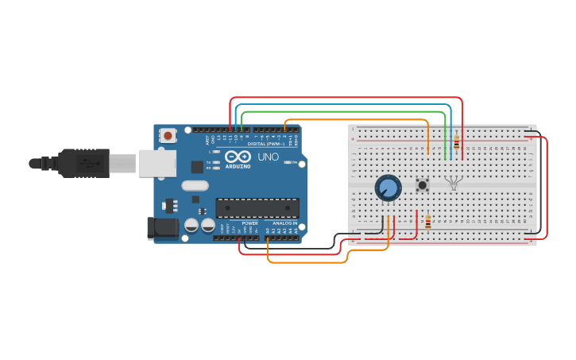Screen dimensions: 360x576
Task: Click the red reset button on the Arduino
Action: tap(168, 135)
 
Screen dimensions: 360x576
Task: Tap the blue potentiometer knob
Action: tap(388, 188)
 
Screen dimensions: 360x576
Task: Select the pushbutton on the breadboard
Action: tap(423, 185)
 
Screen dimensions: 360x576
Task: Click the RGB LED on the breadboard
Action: tap(453, 183)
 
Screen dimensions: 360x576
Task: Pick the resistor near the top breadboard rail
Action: tap(456, 143)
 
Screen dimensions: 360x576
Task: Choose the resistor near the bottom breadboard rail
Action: tap(428, 222)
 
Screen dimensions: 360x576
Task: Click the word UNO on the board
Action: tap(268, 157)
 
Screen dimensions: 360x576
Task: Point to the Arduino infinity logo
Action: tap(238, 157)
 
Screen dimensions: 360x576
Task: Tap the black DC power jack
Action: tap(163, 228)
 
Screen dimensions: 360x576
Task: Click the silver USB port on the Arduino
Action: tap(157, 163)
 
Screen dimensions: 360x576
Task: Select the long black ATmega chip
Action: tap(257, 208)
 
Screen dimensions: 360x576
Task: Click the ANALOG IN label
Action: tap(284, 223)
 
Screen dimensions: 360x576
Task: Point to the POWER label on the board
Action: tap(249, 223)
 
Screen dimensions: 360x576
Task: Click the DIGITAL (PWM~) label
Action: tap(265, 143)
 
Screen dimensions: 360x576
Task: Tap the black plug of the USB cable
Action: tap(83, 163)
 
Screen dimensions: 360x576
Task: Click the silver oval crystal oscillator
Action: tap(195, 186)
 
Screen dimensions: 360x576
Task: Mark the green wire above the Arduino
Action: tap(342, 111)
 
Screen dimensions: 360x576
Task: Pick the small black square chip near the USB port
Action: tap(196, 167)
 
